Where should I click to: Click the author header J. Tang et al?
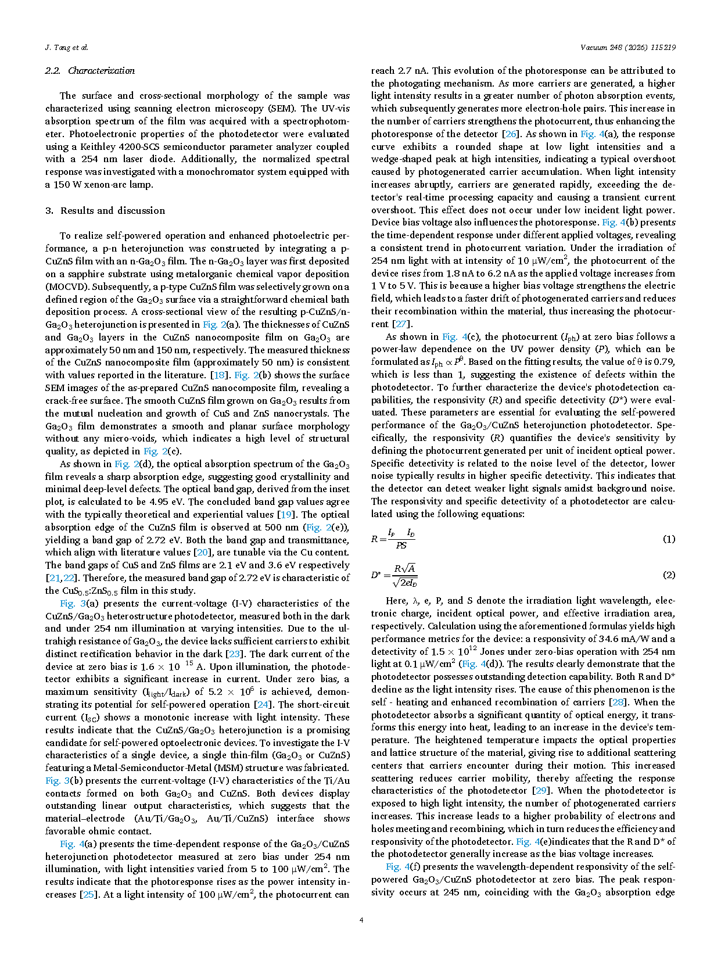coord(66,48)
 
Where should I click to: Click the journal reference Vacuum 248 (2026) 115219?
coord(627,48)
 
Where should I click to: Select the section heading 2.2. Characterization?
coord(90,71)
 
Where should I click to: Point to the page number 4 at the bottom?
coord(361,920)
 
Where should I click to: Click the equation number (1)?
coord(669,539)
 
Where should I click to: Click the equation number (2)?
coord(669,575)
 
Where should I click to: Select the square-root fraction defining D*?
coord(404,575)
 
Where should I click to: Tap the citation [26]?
coord(510,134)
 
